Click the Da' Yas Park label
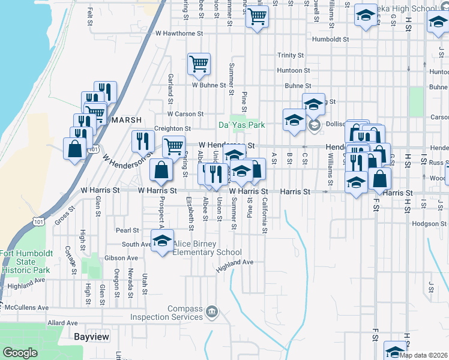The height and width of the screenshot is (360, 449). (241, 126)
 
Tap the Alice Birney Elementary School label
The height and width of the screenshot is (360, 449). (207, 248)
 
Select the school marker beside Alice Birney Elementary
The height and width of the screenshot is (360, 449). (162, 241)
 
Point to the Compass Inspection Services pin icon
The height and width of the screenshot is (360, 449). (211, 311)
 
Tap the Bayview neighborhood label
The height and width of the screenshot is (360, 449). (91, 337)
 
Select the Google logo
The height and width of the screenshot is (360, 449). (20, 353)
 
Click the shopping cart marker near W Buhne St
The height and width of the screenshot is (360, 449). (199, 64)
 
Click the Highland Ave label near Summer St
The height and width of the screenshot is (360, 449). (236, 263)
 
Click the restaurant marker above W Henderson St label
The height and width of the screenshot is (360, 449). (142, 141)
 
